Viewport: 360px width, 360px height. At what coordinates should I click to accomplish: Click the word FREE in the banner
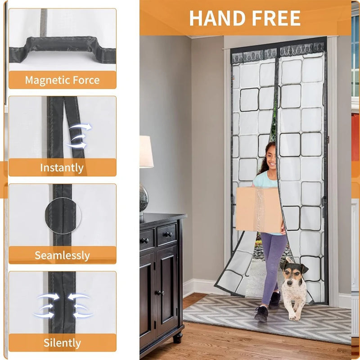point(276,18)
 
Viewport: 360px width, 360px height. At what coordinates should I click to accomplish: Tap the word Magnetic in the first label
point(47,80)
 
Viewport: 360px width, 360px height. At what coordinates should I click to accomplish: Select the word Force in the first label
point(86,80)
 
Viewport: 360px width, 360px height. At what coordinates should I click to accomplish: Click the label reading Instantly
point(62,167)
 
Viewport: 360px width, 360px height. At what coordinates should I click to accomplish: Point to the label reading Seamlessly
point(62,255)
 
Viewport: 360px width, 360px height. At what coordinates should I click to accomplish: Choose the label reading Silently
point(62,342)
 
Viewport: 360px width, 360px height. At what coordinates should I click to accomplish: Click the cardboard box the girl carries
point(259,209)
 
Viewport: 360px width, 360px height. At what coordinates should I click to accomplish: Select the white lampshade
point(146,152)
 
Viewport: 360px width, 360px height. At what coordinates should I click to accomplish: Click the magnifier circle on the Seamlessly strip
point(63,216)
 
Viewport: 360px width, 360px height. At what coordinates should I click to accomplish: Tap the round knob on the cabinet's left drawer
point(144,240)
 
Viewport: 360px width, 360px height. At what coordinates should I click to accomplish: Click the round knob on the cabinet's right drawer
point(168,234)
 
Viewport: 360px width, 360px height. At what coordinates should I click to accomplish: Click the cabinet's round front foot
point(177,338)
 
